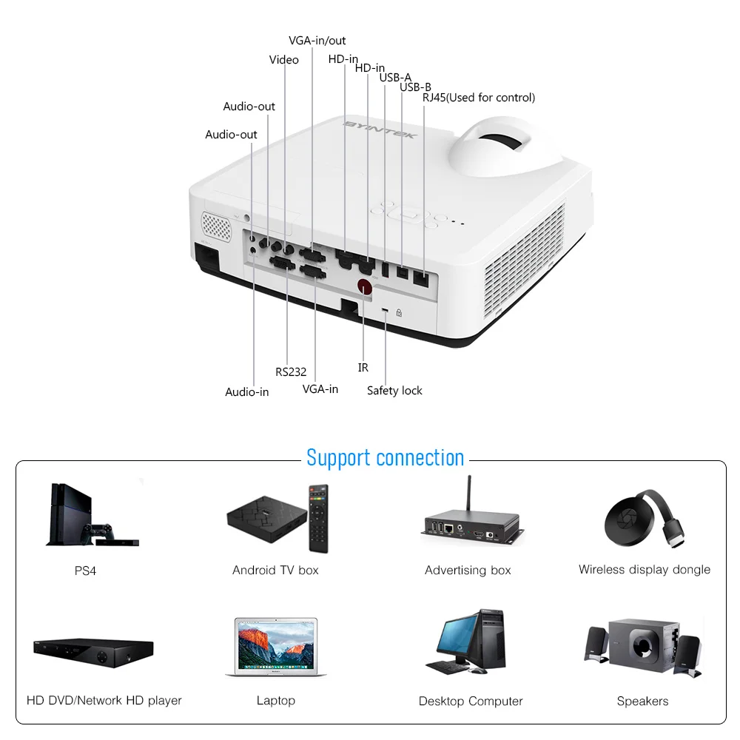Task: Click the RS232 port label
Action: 291,372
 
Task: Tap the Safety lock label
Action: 394,390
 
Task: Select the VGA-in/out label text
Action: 317,41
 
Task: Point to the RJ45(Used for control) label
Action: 478,98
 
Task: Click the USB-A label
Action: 395,78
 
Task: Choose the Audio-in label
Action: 246,391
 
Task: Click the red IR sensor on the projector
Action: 363,286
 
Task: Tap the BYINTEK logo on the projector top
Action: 380,130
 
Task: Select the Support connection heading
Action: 385,457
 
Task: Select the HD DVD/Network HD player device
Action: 92,653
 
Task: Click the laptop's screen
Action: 275,643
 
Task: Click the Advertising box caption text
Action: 468,570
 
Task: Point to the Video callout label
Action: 283,60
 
